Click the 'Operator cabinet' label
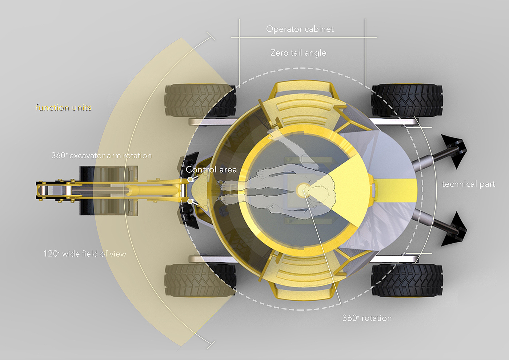pyautogui.click(x=300, y=29)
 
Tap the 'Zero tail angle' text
pyautogui.click(x=298, y=53)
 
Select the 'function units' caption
pyautogui.click(x=64, y=108)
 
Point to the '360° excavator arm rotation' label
pyautogui.click(x=101, y=156)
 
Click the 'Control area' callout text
pyautogui.click(x=211, y=169)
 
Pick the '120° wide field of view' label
pyautogui.click(x=85, y=254)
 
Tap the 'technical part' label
pyautogui.click(x=468, y=184)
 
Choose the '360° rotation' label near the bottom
pyautogui.click(x=367, y=318)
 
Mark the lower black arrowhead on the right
pyautogui.click(x=454, y=229)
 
